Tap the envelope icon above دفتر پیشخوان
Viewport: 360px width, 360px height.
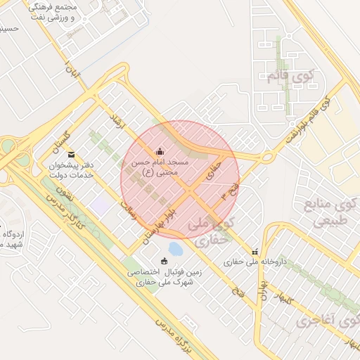(x=70, y=154)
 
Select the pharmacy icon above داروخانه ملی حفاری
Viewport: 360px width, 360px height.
(x=255, y=252)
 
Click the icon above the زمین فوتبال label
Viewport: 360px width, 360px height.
(x=165, y=262)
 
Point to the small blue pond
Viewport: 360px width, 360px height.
(x=175, y=249)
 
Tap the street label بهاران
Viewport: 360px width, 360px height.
(x=266, y=290)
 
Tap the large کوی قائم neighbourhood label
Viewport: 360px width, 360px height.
(x=292, y=77)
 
